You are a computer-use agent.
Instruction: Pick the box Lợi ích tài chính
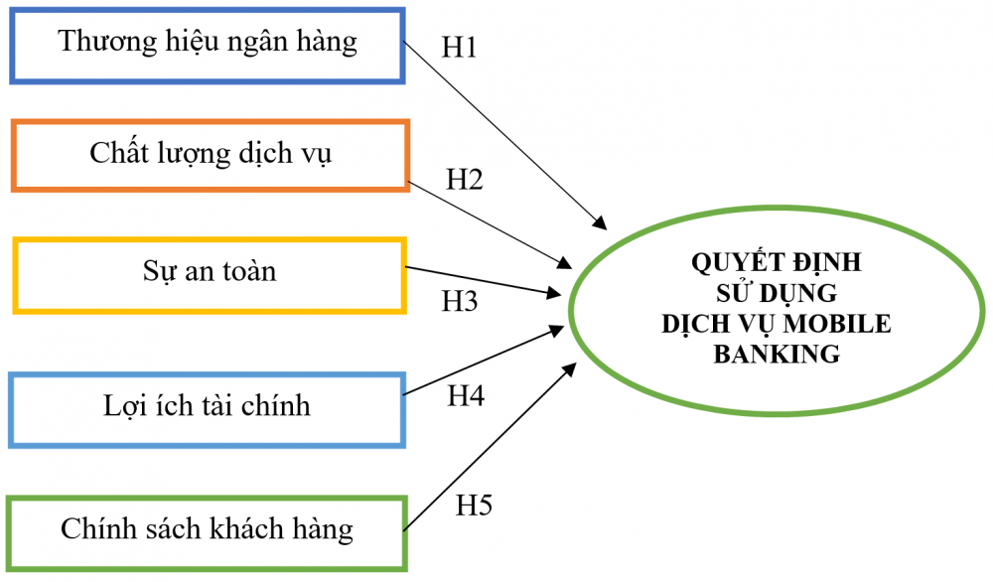207,407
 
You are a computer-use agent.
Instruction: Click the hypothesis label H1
458,48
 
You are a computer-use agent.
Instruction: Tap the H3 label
460,301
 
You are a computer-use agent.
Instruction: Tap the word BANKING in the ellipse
777,354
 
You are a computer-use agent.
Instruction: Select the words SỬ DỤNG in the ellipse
777,294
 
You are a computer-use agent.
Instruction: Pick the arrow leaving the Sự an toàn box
482,280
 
